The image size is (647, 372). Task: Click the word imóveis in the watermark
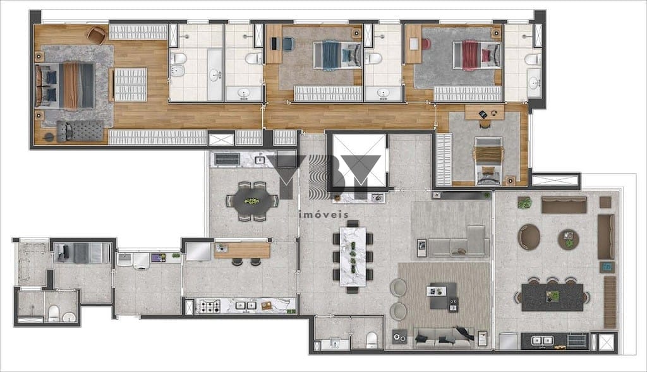(x=323, y=215)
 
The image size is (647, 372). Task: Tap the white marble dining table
(x=353, y=256)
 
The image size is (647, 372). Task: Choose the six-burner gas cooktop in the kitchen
(x=210, y=306)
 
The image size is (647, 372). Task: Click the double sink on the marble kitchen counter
(x=245, y=306)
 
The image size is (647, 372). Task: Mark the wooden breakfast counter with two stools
(x=242, y=250)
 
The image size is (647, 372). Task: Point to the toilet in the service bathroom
(x=54, y=314)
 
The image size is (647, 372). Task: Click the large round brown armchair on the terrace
(x=529, y=237)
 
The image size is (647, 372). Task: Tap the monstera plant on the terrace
(x=524, y=203)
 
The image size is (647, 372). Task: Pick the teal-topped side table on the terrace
(x=607, y=267)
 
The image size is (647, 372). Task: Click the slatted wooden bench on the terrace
(x=610, y=302)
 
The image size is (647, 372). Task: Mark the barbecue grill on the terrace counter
(x=577, y=340)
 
